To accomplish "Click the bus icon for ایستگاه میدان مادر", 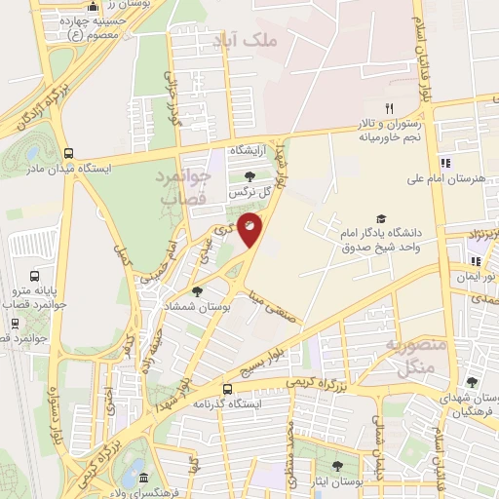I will [68, 153].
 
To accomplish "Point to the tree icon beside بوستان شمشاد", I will [198, 290].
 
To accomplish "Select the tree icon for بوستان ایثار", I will [336, 466].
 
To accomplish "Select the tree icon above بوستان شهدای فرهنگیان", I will [473, 382].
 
